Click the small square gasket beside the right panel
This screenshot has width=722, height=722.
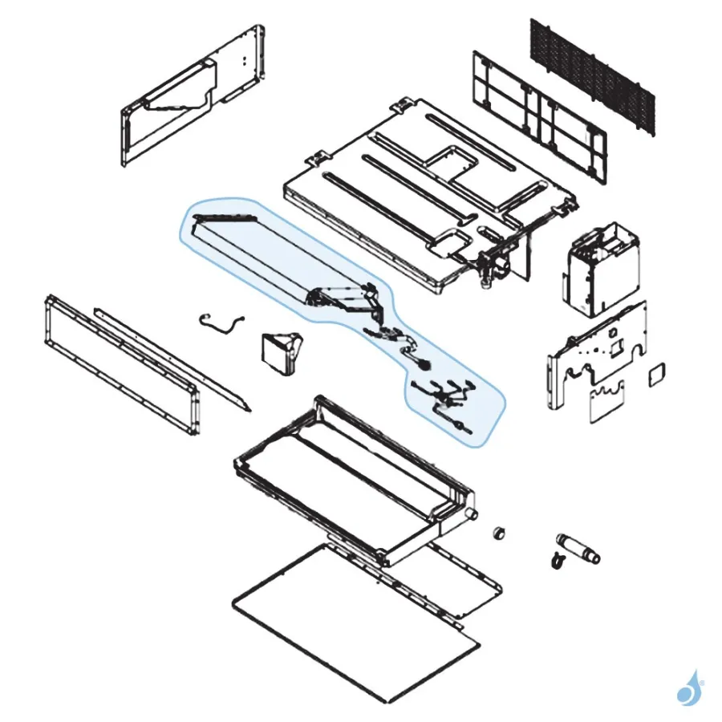pos(657,372)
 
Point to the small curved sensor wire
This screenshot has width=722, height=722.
pos(221,323)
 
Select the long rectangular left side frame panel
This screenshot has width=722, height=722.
pos(120,365)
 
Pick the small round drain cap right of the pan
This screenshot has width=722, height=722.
pos(499,533)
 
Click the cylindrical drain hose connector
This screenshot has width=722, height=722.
pos(577,547)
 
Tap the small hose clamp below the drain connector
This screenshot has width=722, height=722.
pos(555,562)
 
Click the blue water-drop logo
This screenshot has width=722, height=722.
pos(688,688)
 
